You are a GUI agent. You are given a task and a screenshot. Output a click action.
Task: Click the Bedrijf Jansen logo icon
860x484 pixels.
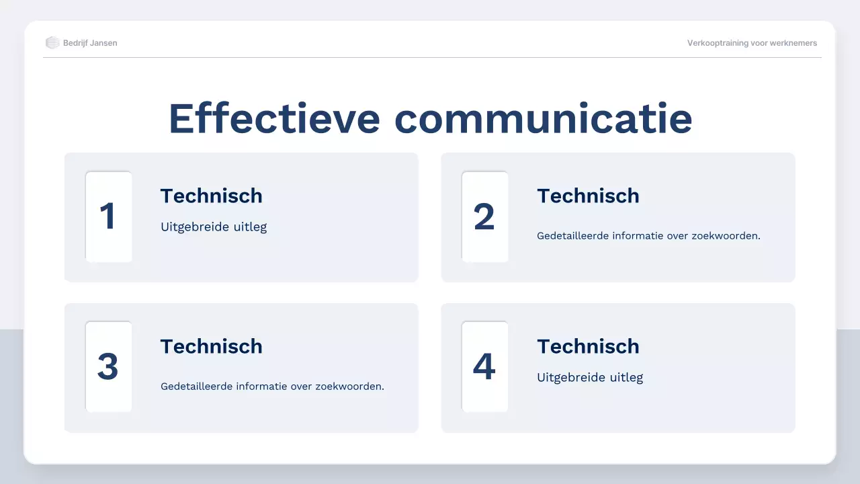[x=52, y=43]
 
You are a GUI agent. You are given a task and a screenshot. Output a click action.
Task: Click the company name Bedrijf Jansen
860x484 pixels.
[x=90, y=43]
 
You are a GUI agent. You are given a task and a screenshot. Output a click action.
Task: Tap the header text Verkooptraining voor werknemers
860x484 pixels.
[x=752, y=43]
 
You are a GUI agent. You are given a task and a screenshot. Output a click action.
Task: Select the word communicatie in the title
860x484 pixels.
[x=543, y=118]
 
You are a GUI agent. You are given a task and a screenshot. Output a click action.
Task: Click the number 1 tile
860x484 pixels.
[x=108, y=216]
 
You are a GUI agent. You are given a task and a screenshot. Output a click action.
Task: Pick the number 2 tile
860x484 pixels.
[x=484, y=216]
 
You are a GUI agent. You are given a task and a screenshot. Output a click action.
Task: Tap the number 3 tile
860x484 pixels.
[x=108, y=367]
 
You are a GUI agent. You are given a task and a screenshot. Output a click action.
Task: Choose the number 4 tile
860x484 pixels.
[x=484, y=367]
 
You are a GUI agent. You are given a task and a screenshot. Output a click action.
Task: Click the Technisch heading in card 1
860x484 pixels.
[x=211, y=196]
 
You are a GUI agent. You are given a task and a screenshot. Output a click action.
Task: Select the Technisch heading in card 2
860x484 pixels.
[x=588, y=196]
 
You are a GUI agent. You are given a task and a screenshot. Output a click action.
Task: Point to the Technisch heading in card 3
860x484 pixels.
[x=211, y=346]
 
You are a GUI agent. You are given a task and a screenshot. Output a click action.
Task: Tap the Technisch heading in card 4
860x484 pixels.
[x=588, y=346]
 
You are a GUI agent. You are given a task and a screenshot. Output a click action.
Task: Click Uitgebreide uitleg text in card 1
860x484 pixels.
[x=214, y=227]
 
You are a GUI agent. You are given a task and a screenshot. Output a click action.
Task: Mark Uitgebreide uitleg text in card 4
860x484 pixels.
[x=590, y=378]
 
